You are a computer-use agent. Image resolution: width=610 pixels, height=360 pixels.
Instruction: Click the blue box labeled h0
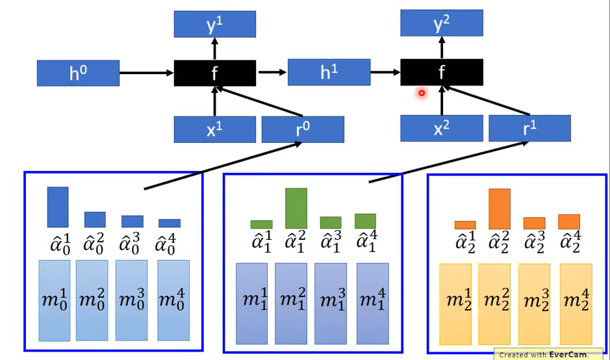coord(78,73)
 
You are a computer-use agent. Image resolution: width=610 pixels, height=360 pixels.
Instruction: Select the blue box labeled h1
coord(329,72)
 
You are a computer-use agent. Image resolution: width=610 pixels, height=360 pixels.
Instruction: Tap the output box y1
coord(214,24)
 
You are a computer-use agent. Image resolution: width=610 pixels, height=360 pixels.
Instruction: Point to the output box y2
coord(441,24)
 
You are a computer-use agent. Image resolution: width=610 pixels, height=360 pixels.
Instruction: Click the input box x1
coord(214,129)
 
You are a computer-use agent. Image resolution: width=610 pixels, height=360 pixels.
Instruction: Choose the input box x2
coord(441,129)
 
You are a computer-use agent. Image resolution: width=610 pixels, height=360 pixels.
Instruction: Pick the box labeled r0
coord(303,129)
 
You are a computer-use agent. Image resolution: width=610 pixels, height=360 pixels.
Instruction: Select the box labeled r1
coord(529,129)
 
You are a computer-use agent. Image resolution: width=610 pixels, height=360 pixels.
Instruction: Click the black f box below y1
coord(214,73)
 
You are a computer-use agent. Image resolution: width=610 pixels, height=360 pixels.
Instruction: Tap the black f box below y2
coord(441,72)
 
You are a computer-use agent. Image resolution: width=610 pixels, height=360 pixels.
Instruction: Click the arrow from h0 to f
coord(146,73)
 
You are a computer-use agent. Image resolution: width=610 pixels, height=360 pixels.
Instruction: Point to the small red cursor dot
coord(421,93)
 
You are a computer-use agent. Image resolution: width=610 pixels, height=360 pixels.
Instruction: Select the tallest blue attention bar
coord(57,207)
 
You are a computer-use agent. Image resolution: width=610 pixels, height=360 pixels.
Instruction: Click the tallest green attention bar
coord(296,209)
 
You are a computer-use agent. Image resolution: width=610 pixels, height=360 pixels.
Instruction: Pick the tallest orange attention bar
coord(499,209)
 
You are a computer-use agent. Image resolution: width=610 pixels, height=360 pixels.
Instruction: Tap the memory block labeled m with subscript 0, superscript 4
coord(173,300)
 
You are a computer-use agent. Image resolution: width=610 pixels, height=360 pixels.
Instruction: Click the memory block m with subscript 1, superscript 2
coord(290,303)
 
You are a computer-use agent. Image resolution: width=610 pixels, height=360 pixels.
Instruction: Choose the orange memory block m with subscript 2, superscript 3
coord(534,303)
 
